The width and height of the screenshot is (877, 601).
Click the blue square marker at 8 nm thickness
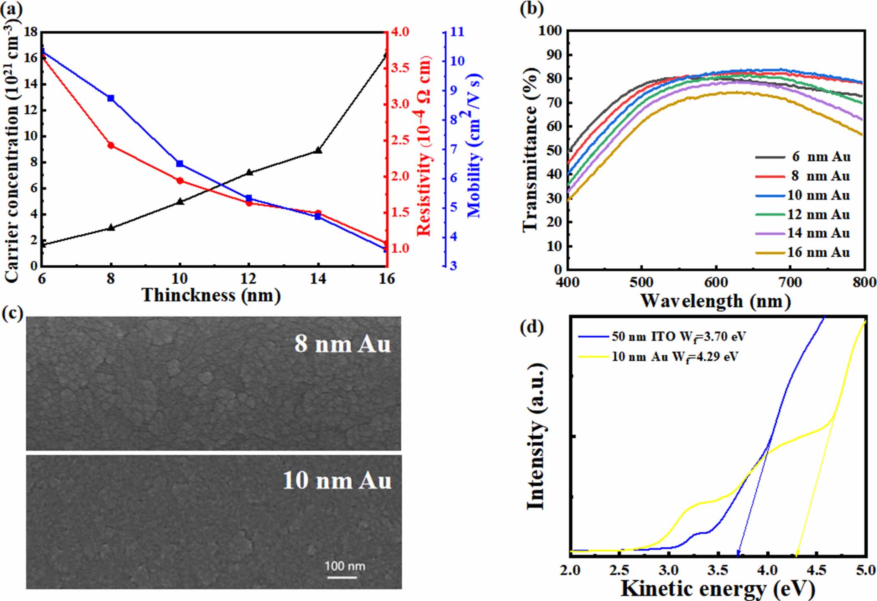[x=111, y=98]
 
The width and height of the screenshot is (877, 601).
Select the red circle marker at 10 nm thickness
[x=180, y=181]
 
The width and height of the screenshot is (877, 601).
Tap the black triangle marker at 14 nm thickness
[x=318, y=150]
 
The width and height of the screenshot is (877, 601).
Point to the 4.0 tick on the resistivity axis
[x=400, y=32]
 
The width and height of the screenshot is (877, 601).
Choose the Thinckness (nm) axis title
[x=211, y=295]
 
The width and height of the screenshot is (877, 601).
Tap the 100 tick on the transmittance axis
[x=550, y=30]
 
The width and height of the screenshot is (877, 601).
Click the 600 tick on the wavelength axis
[x=716, y=283]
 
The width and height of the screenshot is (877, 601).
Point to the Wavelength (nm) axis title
[x=715, y=301]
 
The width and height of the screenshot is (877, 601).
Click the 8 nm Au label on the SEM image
[x=342, y=345]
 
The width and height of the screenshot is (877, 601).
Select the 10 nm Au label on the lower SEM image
[x=337, y=481]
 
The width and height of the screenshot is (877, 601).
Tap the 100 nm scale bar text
[x=345, y=566]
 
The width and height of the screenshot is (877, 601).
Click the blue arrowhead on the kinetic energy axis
[x=738, y=554]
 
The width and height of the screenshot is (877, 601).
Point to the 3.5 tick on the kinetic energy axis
[x=718, y=571]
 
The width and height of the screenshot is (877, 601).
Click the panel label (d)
[x=532, y=327]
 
